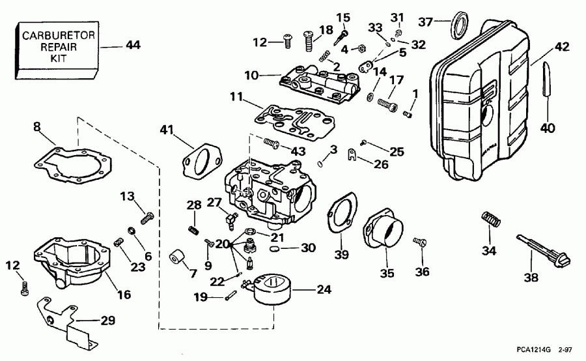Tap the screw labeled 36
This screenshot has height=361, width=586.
click(421, 242)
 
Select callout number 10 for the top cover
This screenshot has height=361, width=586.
click(251, 76)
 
